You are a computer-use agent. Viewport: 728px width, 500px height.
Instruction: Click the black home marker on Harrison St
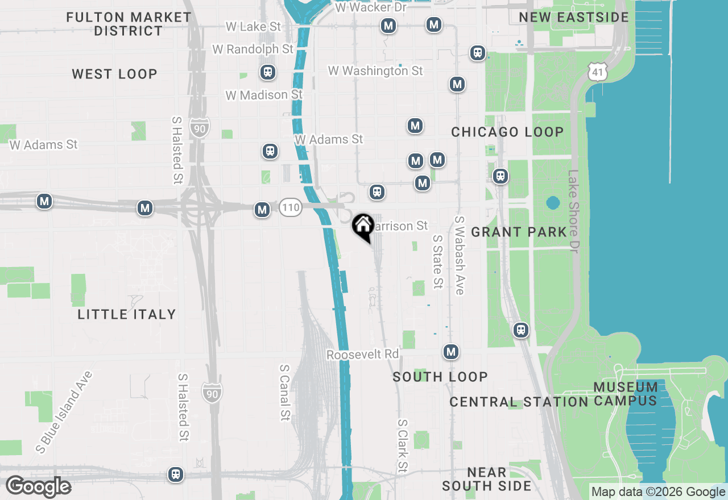pos(362,227)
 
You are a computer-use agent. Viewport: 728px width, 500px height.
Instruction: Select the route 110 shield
pos(290,208)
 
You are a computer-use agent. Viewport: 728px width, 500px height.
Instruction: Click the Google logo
pos(38,487)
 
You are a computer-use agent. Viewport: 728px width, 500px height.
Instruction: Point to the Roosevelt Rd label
pos(363,354)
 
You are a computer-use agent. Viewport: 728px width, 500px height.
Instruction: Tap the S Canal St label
pos(284,393)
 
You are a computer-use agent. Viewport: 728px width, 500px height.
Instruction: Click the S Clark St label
pos(403,446)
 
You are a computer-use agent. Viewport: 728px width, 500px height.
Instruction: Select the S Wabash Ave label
pos(460,255)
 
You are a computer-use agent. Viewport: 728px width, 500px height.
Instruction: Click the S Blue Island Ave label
pos(64,412)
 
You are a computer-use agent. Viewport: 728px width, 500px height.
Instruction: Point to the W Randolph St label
pos(253,49)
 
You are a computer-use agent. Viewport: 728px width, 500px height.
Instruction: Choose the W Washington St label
pos(375,71)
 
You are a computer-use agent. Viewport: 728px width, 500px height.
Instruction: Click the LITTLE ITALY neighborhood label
pos(127,314)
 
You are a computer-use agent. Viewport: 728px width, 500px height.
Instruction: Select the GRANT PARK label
pos(519,232)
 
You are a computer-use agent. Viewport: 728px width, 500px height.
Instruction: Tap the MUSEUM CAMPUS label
pos(626,394)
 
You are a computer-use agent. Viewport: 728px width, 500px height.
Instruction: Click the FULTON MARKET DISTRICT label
pos(129,24)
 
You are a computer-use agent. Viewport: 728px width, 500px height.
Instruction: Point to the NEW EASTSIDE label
pos(574,17)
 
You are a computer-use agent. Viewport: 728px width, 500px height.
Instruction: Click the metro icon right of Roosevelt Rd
pos(451,352)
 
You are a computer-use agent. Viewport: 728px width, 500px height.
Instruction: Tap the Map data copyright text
pos(658,492)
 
